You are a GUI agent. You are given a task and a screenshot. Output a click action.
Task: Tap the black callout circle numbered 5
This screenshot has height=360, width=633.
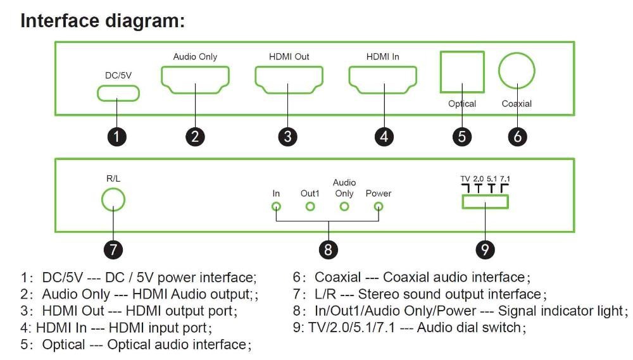click(462, 136)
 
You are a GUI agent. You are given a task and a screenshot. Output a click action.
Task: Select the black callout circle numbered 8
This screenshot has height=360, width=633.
click(327, 249)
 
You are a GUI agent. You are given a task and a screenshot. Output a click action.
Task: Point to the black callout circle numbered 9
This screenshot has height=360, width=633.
click(484, 249)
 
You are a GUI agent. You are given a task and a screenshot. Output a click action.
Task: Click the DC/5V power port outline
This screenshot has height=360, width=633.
click(118, 94)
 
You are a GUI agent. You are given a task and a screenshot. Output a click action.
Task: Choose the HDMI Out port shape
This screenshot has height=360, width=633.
click(288, 80)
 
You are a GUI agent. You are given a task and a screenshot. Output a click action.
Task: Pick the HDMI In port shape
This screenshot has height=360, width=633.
click(382, 80)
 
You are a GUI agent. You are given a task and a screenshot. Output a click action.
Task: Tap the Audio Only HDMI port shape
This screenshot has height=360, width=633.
click(195, 80)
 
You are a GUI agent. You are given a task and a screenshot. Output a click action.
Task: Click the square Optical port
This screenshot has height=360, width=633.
click(461, 72)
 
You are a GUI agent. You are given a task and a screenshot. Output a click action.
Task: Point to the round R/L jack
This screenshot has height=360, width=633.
click(113, 201)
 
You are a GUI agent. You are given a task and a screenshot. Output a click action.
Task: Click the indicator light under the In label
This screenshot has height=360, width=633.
click(276, 206)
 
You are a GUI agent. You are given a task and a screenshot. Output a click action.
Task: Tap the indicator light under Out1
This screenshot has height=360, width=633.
click(310, 206)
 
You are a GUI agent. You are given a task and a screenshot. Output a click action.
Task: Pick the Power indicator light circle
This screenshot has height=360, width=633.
click(379, 206)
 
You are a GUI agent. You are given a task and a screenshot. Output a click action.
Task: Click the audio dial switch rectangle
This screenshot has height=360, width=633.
click(484, 201)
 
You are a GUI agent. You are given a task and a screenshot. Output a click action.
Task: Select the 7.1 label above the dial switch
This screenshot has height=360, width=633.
click(505, 179)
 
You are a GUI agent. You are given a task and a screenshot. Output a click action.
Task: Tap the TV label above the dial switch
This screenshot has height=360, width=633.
click(465, 179)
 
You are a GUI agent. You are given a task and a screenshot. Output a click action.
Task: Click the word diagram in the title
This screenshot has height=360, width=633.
click(143, 20)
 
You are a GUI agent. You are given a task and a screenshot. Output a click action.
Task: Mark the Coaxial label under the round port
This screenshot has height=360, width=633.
click(517, 104)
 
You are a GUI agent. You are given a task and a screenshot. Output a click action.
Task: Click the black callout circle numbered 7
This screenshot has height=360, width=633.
click(113, 249)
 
